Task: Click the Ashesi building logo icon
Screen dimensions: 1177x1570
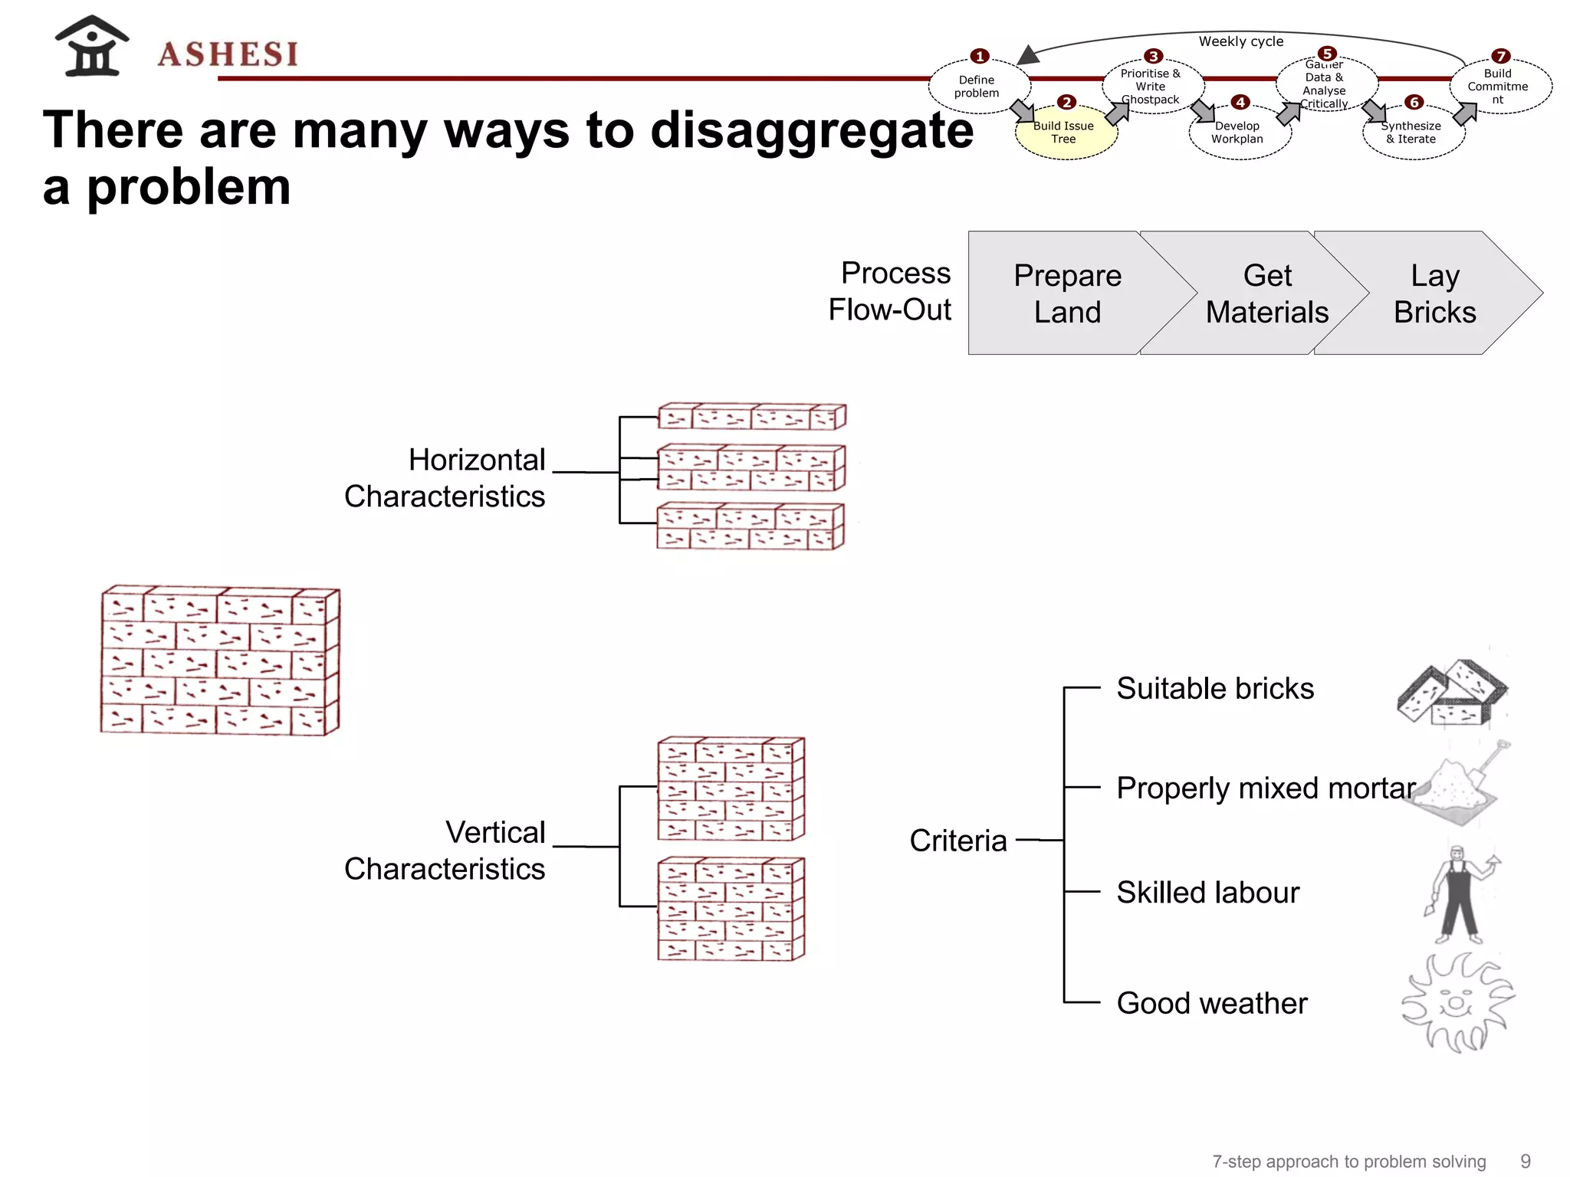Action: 92,47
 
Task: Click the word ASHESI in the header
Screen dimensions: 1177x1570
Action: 228,54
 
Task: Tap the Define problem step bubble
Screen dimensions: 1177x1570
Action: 977,87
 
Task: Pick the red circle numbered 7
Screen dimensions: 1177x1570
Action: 1500,57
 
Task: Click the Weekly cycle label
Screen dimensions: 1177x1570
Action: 1240,41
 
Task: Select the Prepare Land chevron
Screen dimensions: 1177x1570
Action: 1067,293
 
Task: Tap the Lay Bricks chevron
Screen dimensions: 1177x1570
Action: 1434,293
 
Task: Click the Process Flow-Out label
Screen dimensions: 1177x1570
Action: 891,291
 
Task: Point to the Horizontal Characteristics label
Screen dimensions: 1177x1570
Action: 445,478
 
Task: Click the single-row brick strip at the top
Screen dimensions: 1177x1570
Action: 751,416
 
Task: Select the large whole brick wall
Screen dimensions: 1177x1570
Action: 220,661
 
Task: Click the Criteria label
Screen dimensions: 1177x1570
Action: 957,841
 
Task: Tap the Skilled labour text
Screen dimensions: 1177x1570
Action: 1207,893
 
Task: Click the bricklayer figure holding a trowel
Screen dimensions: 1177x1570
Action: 1460,895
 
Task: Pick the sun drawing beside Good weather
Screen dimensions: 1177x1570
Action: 1457,1002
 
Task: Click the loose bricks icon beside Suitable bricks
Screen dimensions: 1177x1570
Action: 1451,693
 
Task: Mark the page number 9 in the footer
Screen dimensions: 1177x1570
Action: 1525,1162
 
